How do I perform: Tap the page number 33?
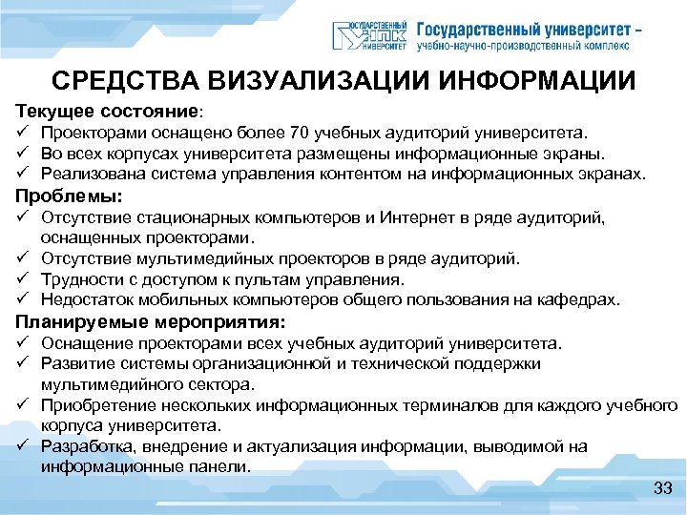[x=662, y=488]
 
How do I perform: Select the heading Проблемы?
[x=67, y=196]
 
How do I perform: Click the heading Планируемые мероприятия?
[x=149, y=321]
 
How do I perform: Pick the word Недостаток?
[x=85, y=299]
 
